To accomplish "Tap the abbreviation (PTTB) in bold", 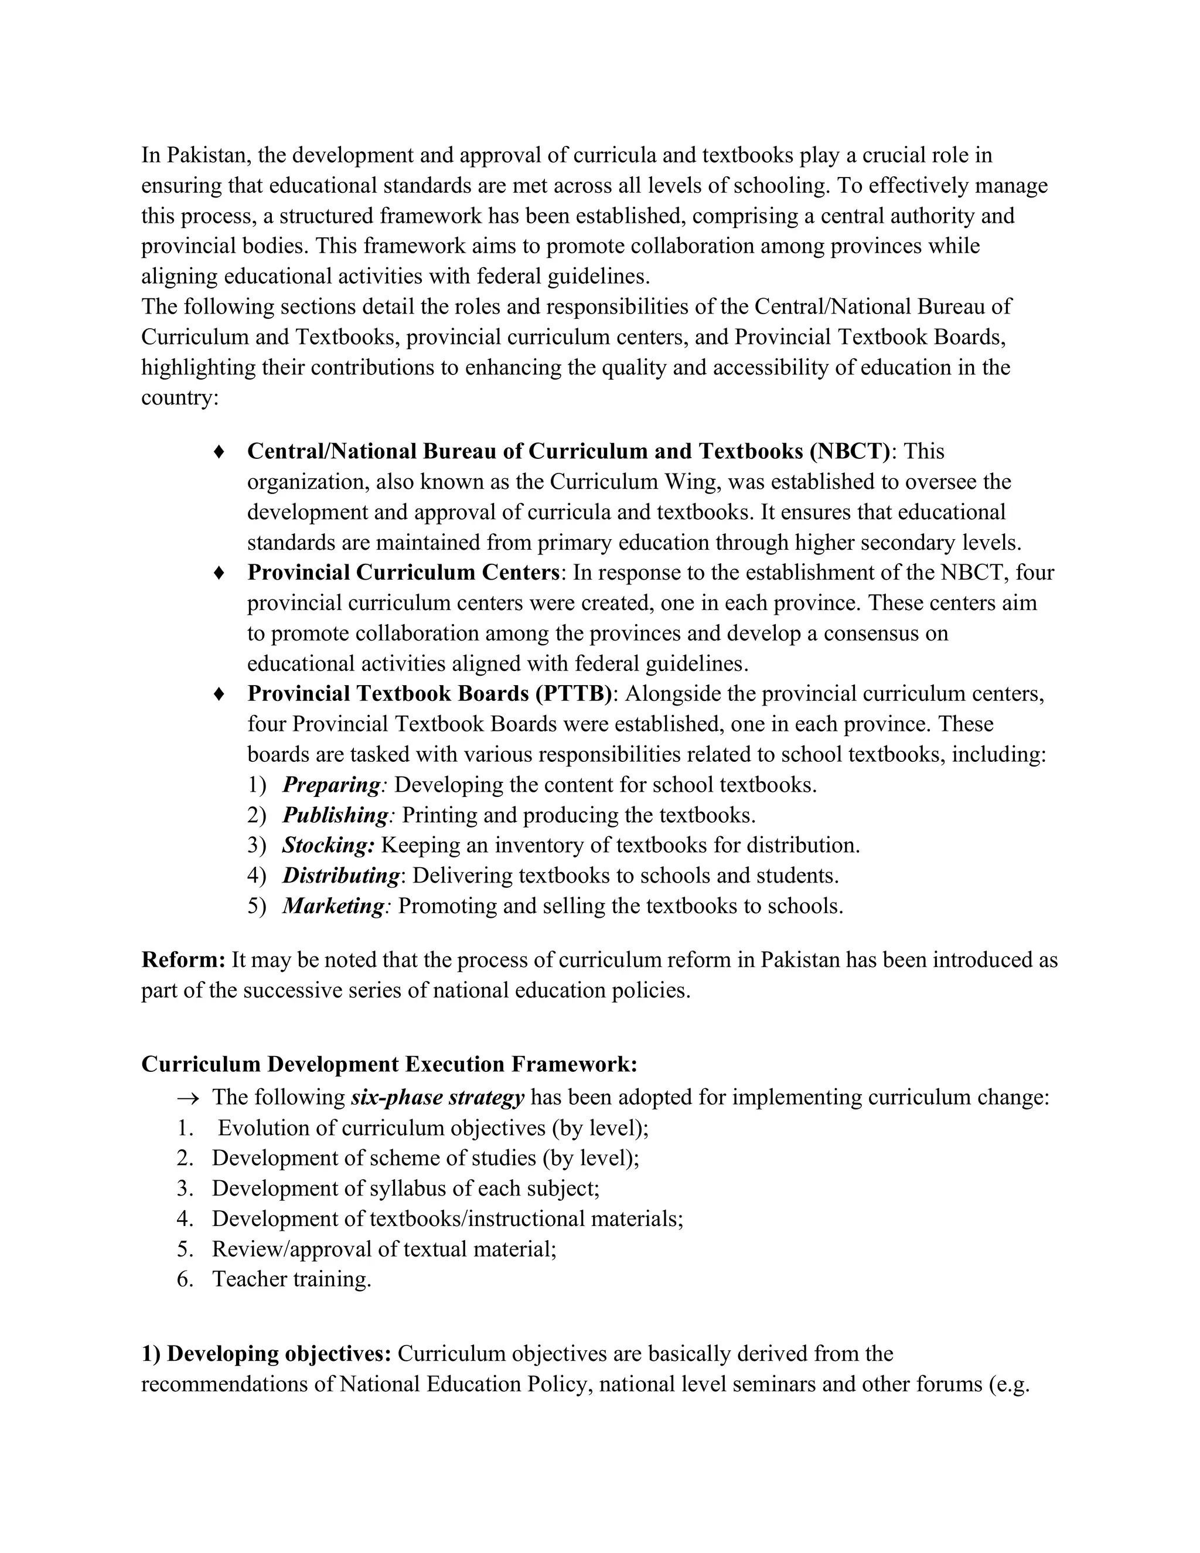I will click(574, 693).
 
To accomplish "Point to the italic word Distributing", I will click(341, 876).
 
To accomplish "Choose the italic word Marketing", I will click(333, 906).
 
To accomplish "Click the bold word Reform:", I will click(183, 960).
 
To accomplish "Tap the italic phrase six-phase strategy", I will click(437, 1097).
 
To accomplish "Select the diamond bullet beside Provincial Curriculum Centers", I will click(220, 573).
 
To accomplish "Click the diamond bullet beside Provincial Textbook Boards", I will click(220, 693).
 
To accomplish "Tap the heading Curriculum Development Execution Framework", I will click(389, 1064).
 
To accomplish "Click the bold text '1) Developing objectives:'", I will click(267, 1354).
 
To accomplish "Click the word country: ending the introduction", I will click(180, 397).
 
